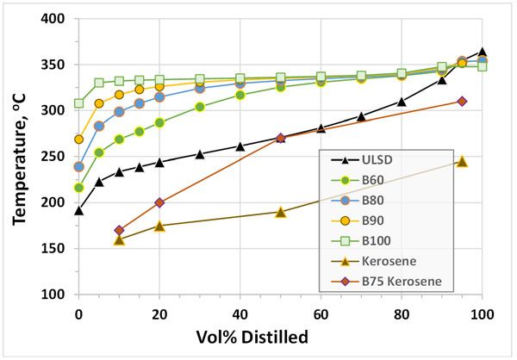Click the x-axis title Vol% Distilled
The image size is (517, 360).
point(280,337)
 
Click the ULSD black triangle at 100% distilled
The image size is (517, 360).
point(482,53)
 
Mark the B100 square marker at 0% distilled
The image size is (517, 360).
point(78,103)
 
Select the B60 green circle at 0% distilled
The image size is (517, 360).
point(78,188)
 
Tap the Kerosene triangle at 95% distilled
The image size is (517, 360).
point(462,162)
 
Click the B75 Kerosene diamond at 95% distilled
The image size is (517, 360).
point(462,102)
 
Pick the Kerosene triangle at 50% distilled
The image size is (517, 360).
point(280,212)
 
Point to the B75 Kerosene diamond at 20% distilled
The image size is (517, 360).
point(159,203)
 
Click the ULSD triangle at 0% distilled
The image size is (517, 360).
point(78,211)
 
